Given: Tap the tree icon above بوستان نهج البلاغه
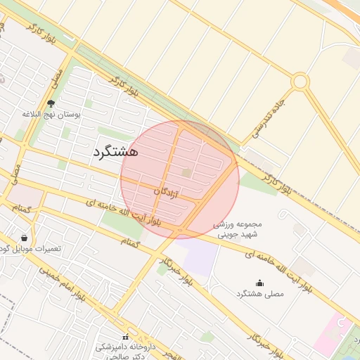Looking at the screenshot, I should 51,104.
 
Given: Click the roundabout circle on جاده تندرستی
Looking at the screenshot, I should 300,82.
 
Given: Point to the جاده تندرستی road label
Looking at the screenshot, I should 272,110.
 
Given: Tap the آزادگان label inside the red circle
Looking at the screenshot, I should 166,191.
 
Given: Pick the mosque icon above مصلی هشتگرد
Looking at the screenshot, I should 260,283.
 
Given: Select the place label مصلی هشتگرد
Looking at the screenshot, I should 261,293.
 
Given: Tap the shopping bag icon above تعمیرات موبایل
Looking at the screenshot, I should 25,238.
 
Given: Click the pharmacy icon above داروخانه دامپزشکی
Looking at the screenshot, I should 126,337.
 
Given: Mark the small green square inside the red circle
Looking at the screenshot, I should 186,172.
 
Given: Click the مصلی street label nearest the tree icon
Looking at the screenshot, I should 56,79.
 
